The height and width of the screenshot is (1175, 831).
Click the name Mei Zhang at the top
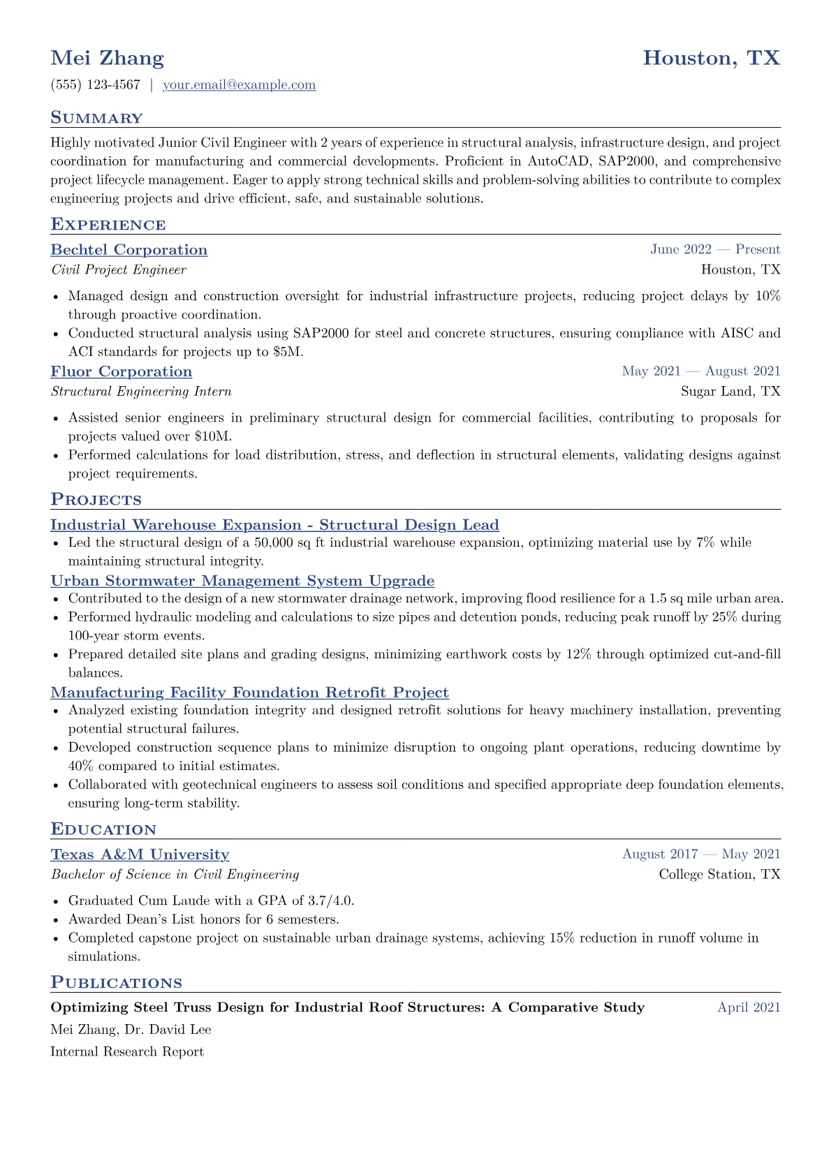(x=107, y=58)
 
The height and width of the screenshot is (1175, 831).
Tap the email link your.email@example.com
(x=239, y=85)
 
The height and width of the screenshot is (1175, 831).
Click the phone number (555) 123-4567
(x=96, y=85)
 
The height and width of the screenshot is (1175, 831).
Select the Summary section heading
(x=96, y=118)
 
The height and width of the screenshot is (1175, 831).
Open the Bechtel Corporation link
(x=128, y=250)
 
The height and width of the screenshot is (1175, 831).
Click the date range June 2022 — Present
(x=715, y=250)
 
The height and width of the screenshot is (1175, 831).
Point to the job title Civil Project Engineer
(x=119, y=270)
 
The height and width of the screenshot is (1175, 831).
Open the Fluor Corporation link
(x=121, y=371)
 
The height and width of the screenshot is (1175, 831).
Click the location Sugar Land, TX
(x=730, y=392)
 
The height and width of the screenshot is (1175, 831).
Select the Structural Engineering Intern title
(x=141, y=392)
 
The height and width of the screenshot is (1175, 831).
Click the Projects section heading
(x=96, y=500)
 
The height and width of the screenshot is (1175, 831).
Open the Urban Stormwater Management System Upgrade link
(x=242, y=581)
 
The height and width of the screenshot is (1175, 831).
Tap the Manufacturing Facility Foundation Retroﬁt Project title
(x=249, y=693)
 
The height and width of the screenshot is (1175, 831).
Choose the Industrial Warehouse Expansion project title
(x=274, y=525)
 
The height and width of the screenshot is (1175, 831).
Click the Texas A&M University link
(x=140, y=855)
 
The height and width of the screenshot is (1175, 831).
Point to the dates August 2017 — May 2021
(x=701, y=855)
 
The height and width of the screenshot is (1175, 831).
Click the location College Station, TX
(x=719, y=875)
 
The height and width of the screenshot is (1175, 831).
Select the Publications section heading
(x=116, y=983)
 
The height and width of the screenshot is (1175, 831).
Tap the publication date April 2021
(x=749, y=1007)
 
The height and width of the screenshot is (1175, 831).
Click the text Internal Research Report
(x=127, y=1052)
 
